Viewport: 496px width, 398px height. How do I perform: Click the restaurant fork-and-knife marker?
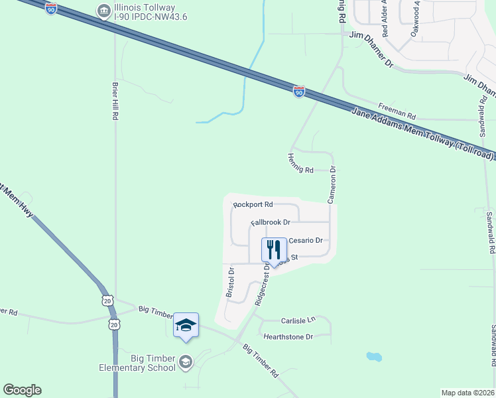tap(275, 250)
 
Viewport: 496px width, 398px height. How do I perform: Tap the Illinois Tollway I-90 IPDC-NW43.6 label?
tap(149, 12)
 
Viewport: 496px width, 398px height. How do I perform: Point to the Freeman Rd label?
tap(397, 106)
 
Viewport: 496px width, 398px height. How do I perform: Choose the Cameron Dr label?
tap(332, 184)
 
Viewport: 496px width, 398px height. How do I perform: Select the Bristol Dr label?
tap(231, 281)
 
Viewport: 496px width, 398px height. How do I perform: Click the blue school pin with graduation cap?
tap(186, 324)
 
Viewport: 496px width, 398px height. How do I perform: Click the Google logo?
tap(22, 390)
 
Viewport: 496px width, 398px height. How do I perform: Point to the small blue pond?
tap(374, 357)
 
